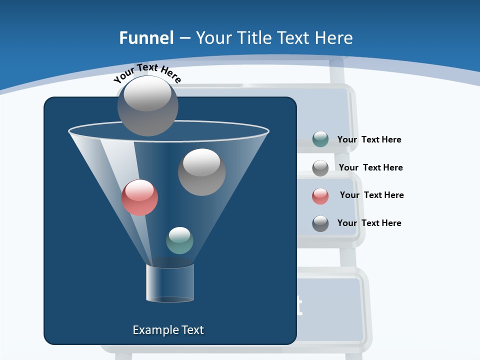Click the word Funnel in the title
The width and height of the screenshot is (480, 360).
click(146, 38)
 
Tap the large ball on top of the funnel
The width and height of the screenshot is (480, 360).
click(148, 105)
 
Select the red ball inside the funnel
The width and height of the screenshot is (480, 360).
click(139, 197)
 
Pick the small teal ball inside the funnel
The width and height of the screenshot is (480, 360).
click(179, 240)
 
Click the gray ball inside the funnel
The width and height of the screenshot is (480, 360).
click(201, 172)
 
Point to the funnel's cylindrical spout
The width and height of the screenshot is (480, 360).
click(170, 283)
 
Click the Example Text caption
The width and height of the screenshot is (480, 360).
click(168, 330)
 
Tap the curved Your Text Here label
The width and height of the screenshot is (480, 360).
click(147, 73)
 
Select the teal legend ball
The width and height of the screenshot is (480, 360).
click(320, 139)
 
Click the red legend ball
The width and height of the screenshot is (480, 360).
click(320, 196)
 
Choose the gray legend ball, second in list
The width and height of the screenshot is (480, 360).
click(320, 168)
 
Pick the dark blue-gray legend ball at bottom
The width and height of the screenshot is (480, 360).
click(320, 223)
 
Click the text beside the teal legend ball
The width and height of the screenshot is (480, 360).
click(369, 140)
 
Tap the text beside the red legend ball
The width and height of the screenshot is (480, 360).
click(371, 195)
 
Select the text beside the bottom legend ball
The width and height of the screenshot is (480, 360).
click(369, 223)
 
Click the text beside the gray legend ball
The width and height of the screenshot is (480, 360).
click(370, 167)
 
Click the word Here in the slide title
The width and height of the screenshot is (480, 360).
click(335, 38)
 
